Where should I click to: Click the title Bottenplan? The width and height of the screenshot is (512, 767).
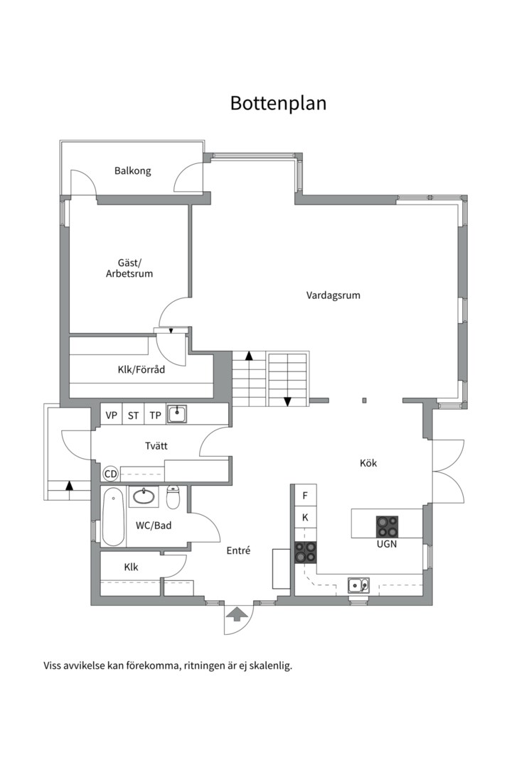278,103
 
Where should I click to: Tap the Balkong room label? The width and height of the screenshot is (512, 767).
133,171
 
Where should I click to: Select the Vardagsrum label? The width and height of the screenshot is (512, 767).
333,295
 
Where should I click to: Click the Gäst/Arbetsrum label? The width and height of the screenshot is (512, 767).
129,268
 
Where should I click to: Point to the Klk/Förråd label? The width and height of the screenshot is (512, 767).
142,369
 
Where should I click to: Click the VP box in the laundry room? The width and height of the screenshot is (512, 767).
111,415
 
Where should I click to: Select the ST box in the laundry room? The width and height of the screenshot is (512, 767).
133,415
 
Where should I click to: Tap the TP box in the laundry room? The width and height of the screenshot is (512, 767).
155,415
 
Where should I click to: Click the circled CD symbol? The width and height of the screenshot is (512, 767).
111,474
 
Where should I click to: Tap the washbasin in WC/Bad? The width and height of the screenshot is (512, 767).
144,496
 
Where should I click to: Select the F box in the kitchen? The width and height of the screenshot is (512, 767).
305,496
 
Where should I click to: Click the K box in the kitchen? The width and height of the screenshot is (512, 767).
305,518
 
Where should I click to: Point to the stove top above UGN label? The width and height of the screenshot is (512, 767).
388,526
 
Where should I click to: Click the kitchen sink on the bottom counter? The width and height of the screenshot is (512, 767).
358,585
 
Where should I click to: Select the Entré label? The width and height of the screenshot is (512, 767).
238,550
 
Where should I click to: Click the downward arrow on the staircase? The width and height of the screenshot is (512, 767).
287,401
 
